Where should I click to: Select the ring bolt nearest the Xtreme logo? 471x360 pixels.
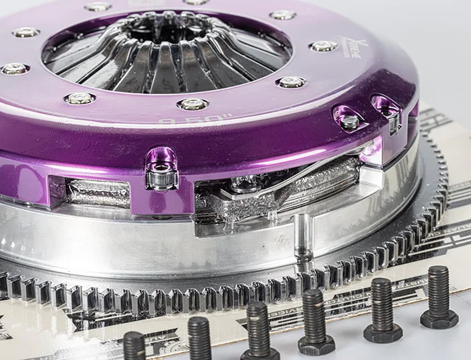(x=322, y=46)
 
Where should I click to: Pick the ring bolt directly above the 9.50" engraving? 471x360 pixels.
(x=192, y=104)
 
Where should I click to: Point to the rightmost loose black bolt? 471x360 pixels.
(x=438, y=296)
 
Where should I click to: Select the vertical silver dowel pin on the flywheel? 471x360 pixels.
(x=303, y=236)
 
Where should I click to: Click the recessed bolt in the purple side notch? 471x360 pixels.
(x=349, y=122)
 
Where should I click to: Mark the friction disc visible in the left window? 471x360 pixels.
(x=98, y=193)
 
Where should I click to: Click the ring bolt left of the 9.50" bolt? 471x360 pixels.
(x=79, y=98)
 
